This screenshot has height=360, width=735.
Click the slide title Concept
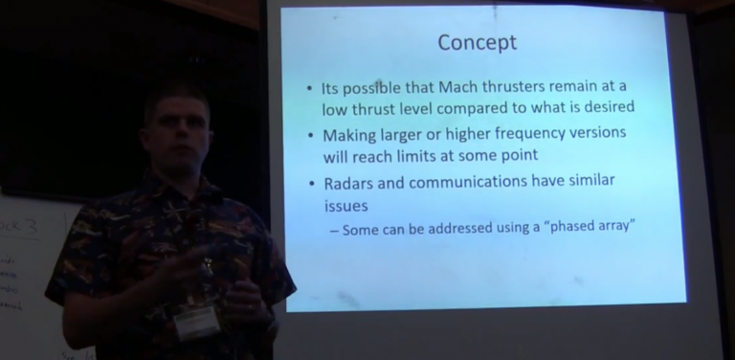pyautogui.click(x=477, y=43)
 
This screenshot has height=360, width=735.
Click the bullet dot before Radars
pyautogui.click(x=310, y=183)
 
